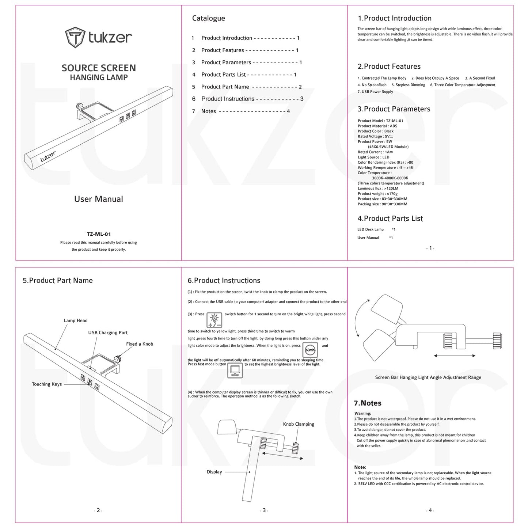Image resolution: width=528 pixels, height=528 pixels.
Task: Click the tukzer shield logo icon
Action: point(75,37)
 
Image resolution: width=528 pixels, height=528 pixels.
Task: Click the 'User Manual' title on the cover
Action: point(99,199)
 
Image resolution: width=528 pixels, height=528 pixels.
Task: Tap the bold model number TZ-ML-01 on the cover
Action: point(99,234)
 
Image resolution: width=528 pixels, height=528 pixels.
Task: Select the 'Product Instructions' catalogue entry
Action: point(228,99)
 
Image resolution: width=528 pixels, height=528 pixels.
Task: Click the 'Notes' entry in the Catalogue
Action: point(209,111)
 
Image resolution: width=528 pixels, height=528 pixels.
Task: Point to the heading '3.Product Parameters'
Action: point(394,109)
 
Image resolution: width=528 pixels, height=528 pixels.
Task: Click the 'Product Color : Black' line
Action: point(375,131)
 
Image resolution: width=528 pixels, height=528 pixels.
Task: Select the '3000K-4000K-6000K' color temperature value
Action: point(390,178)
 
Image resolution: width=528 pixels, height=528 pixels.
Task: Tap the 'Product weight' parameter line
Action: point(377,194)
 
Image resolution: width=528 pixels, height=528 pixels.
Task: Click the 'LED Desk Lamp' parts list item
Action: point(370,229)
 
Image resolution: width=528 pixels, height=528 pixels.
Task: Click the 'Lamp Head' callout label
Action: point(76,321)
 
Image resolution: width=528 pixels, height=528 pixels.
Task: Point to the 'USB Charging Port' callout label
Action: point(108,333)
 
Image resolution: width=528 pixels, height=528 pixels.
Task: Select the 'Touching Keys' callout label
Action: point(47,384)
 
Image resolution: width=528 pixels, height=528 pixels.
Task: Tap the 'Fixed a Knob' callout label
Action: point(140,344)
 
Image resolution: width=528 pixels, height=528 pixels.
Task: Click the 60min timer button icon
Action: point(310,350)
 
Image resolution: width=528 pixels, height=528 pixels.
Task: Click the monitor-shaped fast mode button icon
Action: point(235,370)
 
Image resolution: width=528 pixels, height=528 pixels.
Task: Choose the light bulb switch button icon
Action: point(214,320)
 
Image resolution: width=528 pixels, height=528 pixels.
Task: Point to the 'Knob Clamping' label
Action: point(299,424)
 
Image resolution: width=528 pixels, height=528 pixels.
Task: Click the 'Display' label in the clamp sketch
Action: point(214,472)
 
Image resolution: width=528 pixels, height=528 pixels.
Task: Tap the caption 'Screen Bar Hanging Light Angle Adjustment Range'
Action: point(428,377)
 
